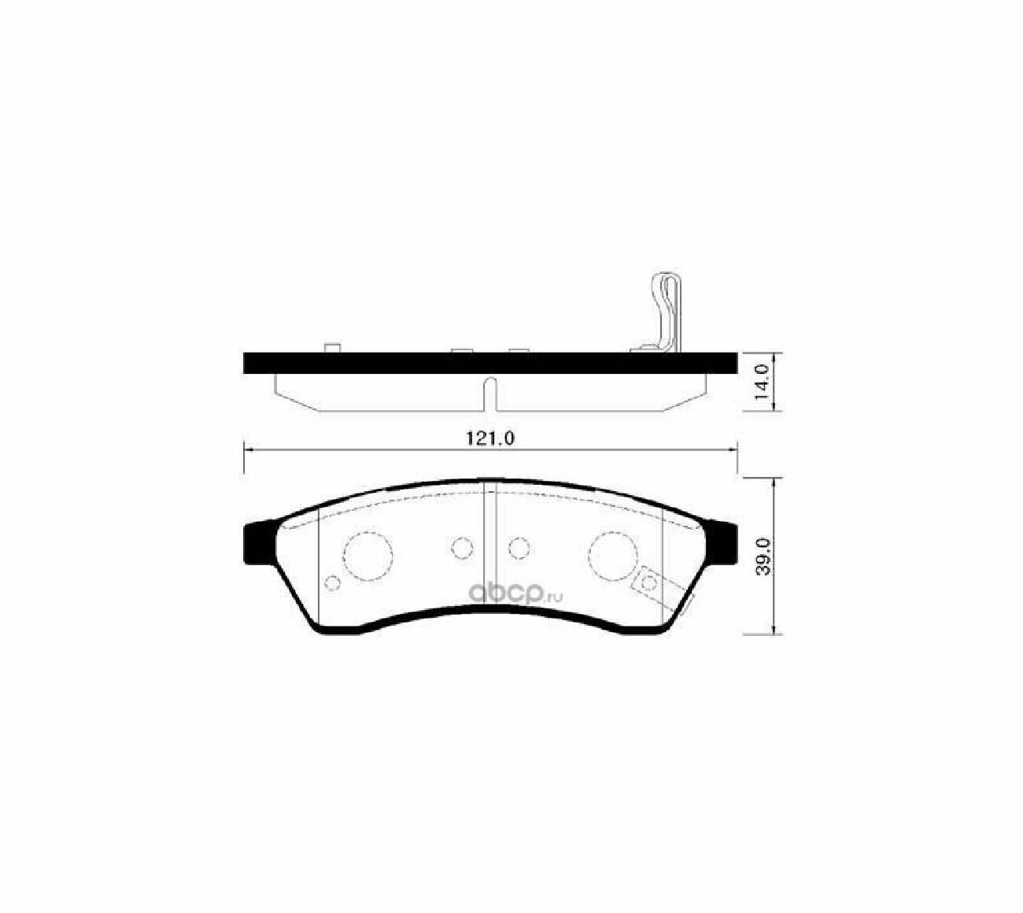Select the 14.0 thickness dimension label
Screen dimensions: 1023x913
tap(762, 383)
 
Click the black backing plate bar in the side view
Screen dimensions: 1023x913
tap(489, 363)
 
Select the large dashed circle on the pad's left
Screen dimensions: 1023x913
tap(367, 556)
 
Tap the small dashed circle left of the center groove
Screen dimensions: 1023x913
tap(462, 548)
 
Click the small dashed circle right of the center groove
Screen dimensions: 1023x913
tap(519, 548)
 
